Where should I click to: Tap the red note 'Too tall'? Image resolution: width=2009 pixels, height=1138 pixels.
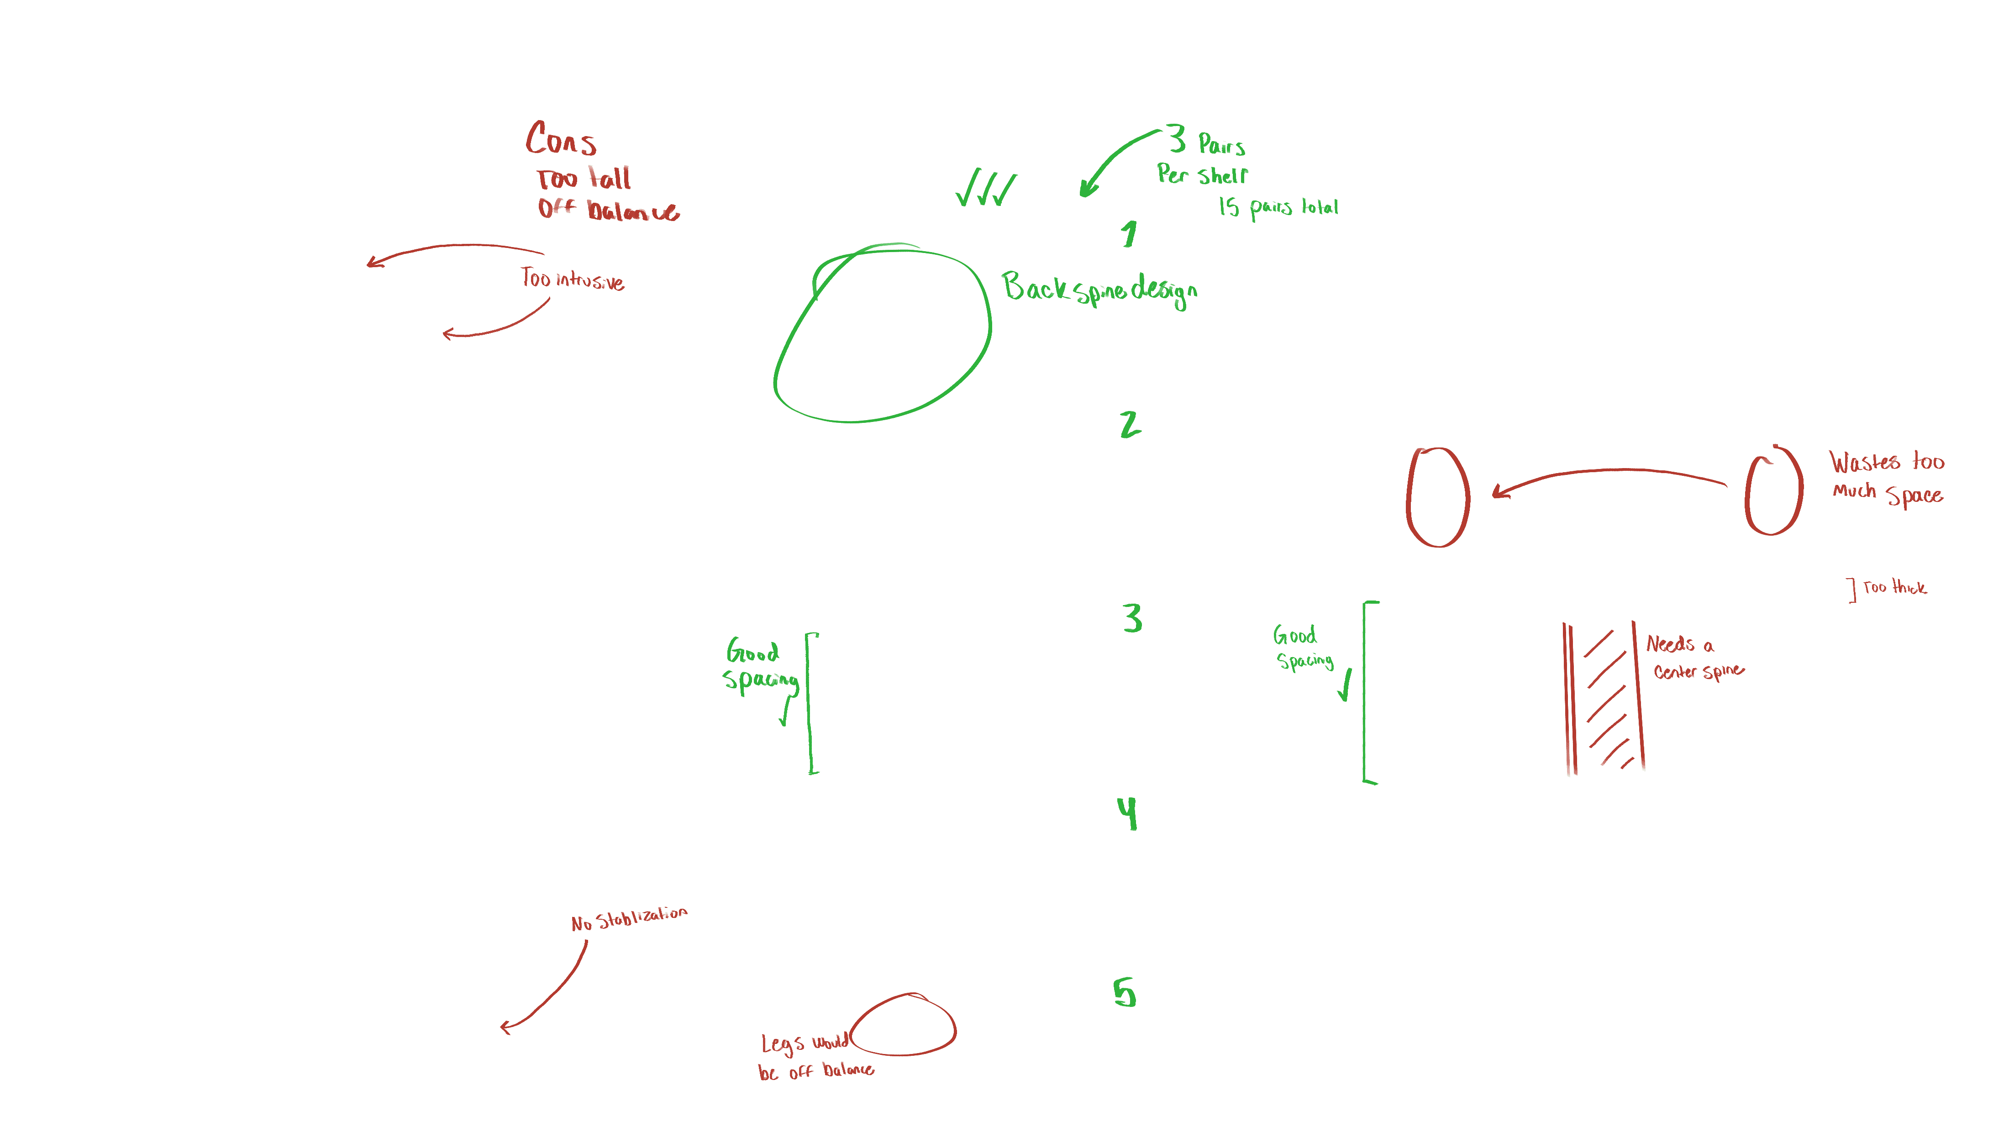584,179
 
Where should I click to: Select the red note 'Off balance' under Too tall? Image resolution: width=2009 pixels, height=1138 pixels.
608,210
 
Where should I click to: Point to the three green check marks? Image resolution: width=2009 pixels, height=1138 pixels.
986,188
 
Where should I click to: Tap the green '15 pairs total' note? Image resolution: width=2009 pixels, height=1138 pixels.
1278,207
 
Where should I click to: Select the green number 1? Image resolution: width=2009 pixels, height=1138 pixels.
1128,234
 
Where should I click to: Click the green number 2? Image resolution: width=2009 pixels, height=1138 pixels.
1130,424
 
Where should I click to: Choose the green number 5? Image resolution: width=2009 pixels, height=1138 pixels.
1125,993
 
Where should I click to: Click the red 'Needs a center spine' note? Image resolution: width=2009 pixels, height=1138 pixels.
1693,657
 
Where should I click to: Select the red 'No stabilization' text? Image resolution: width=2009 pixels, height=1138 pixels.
629,919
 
